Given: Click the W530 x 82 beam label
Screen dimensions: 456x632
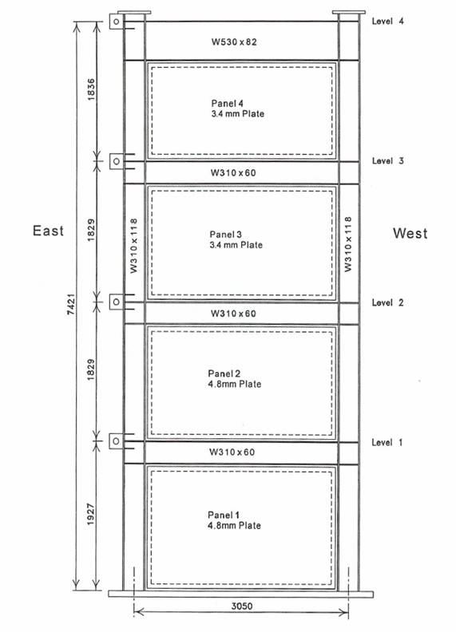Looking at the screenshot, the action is pos(234,42).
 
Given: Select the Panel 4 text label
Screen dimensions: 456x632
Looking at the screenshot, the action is pos(227,104).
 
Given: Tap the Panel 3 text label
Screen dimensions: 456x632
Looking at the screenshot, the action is pos(225,235).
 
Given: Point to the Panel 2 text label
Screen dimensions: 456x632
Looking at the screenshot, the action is pos(224,373).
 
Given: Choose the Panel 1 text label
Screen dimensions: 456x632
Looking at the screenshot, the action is pos(224,515).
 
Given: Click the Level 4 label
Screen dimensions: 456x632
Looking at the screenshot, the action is pos(388,22).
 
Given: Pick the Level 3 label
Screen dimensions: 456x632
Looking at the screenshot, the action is pos(388,161).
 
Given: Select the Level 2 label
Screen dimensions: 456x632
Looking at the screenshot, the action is pos(388,302).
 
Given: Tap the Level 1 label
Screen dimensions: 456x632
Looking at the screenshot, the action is pos(387,443).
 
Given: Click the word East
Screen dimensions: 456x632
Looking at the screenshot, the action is pos(49,231).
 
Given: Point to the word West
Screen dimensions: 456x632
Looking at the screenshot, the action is pos(410,233).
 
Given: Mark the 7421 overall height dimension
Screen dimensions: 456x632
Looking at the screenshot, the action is pos(71,305).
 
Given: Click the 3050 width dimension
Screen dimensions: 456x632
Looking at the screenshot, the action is pos(242,606).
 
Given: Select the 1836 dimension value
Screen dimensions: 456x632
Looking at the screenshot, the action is pos(91,89).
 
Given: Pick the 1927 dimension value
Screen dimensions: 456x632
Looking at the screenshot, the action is pos(91,515).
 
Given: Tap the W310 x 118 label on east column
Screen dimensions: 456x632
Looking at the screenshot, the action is pos(134,246).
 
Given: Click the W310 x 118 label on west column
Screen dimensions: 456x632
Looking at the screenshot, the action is pos(348,244).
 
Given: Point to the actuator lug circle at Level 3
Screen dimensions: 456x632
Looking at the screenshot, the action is pos(117,161).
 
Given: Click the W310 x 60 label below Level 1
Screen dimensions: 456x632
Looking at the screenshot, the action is pos(232,452).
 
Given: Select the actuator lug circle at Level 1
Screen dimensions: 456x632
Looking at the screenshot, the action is pos(117,441).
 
